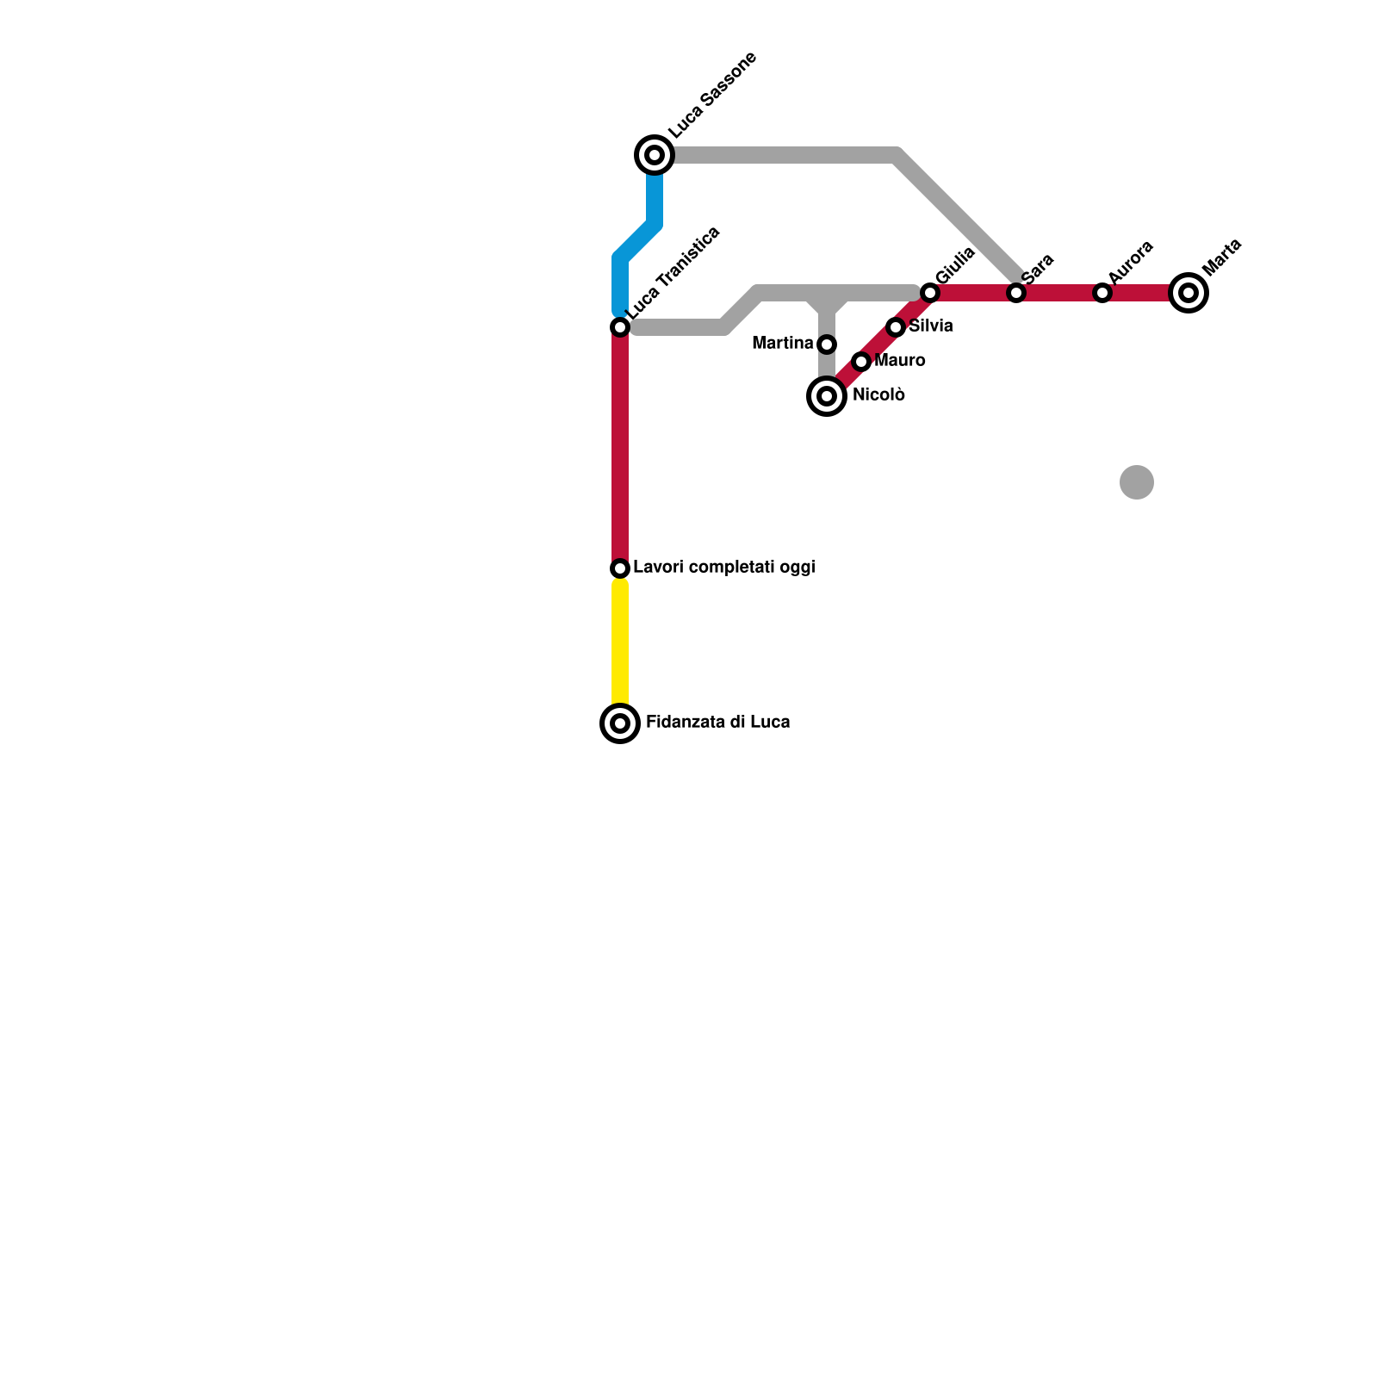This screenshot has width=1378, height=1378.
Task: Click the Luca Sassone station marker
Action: tap(655, 155)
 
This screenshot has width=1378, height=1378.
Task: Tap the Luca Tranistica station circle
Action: tap(620, 327)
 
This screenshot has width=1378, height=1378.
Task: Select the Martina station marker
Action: tap(827, 344)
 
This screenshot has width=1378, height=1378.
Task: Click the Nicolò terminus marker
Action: tap(827, 396)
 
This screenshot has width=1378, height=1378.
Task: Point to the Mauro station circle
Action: tap(861, 362)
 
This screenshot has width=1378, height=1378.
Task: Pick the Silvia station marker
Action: tap(896, 327)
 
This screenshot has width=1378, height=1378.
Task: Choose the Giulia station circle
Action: tap(929, 293)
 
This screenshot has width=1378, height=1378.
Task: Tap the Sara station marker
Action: tap(1016, 293)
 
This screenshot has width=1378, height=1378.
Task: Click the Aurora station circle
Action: tap(1102, 293)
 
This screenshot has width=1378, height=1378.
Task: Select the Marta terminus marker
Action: tap(1189, 293)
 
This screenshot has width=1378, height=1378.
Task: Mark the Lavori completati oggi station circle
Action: tap(620, 568)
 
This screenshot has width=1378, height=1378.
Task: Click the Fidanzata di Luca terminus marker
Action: tap(620, 723)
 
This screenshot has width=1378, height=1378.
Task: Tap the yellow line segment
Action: tap(620, 646)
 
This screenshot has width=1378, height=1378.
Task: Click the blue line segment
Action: tap(637, 241)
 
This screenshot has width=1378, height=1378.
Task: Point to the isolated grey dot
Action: tap(1137, 482)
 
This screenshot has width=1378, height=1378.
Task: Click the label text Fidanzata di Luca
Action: tap(717, 722)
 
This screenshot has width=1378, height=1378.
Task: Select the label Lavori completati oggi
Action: tap(723, 568)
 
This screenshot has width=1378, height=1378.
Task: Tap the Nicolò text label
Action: tap(878, 395)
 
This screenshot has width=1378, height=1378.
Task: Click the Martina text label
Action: tap(782, 344)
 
